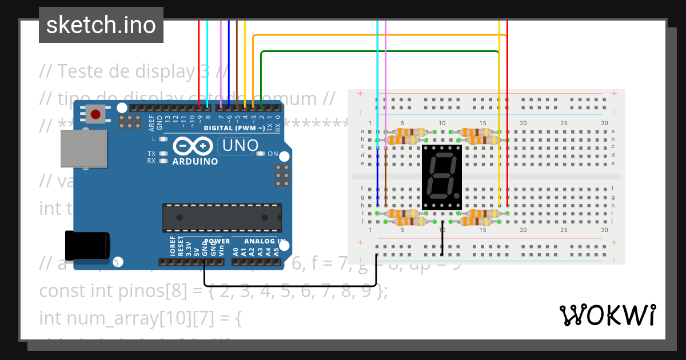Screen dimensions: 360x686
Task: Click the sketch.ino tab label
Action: (x=101, y=25)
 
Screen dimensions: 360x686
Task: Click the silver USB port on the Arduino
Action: (x=83, y=149)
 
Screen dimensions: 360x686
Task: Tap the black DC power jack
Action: (x=86, y=245)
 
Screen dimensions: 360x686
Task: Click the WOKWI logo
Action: (x=607, y=315)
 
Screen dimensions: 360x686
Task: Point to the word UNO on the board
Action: (x=240, y=146)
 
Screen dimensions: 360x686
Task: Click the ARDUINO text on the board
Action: (x=194, y=162)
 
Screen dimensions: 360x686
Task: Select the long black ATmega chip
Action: (x=222, y=218)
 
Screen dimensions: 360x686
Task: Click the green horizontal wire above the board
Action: (x=377, y=51)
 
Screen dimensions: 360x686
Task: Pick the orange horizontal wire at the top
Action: (x=377, y=35)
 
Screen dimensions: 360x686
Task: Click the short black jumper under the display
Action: (x=442, y=237)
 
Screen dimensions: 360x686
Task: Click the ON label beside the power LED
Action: (x=273, y=154)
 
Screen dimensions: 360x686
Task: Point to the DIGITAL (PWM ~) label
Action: (x=234, y=127)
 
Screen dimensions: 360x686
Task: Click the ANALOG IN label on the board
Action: (x=264, y=241)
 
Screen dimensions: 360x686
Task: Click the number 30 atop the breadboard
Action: (x=604, y=123)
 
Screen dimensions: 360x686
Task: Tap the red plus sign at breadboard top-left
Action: (x=360, y=93)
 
